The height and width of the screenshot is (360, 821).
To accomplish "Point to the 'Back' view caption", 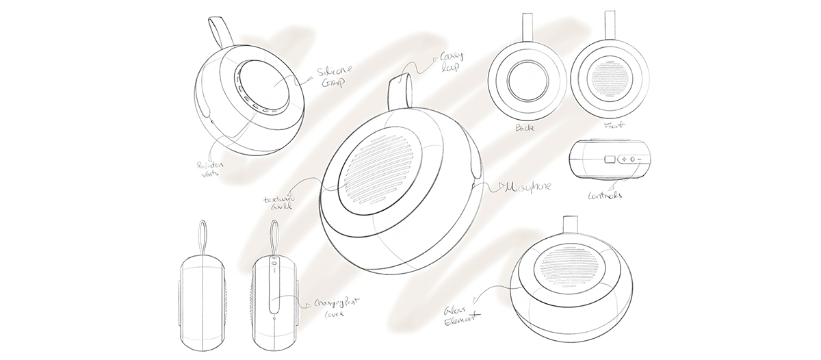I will point(525,127).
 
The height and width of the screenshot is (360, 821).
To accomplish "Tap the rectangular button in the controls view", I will point(610,160).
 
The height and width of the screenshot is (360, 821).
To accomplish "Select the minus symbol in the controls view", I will point(638,160).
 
